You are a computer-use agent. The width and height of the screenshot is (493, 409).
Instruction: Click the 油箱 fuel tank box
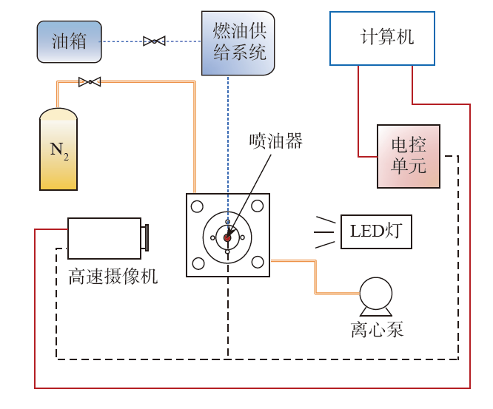click(69, 41)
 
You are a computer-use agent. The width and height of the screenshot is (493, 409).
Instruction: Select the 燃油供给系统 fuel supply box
click(238, 42)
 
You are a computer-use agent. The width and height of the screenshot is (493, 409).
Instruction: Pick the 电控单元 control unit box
click(408, 156)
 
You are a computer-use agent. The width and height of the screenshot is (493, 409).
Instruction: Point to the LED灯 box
click(375, 231)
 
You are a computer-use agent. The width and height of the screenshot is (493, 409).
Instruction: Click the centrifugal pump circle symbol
click(375, 294)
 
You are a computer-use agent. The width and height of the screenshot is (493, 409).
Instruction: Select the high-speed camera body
click(104, 238)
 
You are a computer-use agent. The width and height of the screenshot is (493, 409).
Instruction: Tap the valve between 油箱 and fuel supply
click(154, 41)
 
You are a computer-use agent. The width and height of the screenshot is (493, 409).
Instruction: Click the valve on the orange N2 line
click(90, 82)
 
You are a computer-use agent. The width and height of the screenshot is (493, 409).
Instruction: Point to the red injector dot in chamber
click(228, 237)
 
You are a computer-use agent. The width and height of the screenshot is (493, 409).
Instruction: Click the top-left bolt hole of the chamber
click(198, 206)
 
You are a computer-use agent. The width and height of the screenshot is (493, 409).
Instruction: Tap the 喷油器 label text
click(276, 141)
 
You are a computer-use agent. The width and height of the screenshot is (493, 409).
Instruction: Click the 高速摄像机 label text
click(113, 277)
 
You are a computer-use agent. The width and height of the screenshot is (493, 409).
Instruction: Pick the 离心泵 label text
click(377, 329)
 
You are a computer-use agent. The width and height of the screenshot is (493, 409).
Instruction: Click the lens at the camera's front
click(145, 238)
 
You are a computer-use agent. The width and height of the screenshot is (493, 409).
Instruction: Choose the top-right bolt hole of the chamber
click(258, 206)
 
